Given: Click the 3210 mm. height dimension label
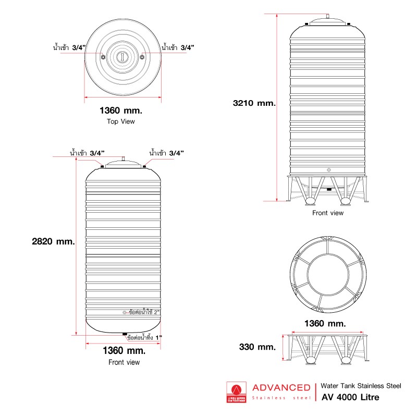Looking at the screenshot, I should pyautogui.click(x=254, y=103).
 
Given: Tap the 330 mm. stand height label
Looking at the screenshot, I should pyautogui.click(x=257, y=347).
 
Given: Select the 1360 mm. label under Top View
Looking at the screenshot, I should pyautogui.click(x=121, y=111).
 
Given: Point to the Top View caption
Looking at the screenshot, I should pyautogui.click(x=121, y=121).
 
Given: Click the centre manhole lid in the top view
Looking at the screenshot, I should pyautogui.click(x=122, y=57).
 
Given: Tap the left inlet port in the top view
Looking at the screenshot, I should pyautogui.click(x=103, y=57).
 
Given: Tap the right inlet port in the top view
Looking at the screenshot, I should pyautogui.click(x=142, y=57).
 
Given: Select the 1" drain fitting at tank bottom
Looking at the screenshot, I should pyautogui.click(x=124, y=334).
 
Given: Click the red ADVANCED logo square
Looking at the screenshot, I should pyautogui.click(x=237, y=391).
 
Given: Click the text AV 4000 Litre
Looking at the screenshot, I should pyautogui.click(x=350, y=397).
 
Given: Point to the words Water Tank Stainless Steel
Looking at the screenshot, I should pyautogui.click(x=361, y=386).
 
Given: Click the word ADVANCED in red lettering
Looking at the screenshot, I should pyautogui.click(x=281, y=387).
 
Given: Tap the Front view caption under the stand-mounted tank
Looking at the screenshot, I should pyautogui.click(x=328, y=213).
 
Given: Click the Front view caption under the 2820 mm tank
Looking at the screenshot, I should pyautogui.click(x=124, y=362).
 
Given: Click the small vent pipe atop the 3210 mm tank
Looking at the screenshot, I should pyautogui.click(x=328, y=17).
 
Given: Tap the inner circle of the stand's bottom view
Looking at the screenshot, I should pyautogui.click(x=328, y=273).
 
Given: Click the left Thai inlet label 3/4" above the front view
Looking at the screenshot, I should pyautogui.click(x=88, y=153).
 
